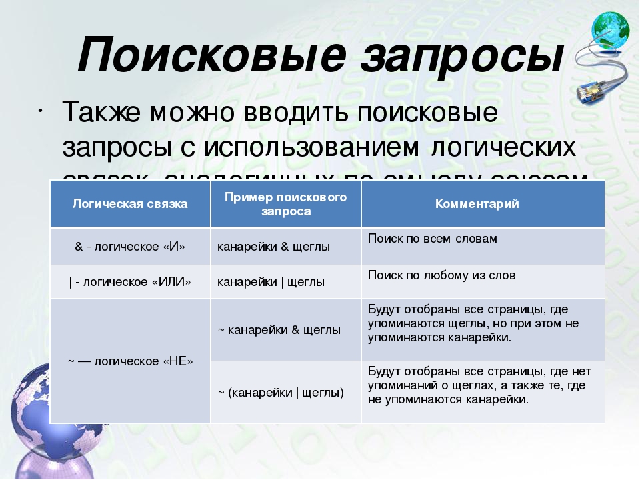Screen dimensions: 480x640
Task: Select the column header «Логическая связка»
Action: (x=130, y=204)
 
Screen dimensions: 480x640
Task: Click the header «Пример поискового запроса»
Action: (x=286, y=204)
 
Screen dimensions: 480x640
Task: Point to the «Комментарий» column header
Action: (x=477, y=204)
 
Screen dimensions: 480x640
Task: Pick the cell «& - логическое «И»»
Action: (x=130, y=247)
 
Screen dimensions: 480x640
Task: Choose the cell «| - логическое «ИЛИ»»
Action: (x=130, y=282)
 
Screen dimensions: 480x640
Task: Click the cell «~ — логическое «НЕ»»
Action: (x=130, y=361)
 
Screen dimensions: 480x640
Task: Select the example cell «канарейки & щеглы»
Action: (x=273, y=247)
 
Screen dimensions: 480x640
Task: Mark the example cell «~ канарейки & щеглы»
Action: (x=279, y=330)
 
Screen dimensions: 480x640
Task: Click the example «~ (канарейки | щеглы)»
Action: (x=281, y=393)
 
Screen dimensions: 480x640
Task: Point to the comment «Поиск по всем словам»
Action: (x=432, y=239)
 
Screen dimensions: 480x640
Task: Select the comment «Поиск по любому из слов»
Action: (x=441, y=275)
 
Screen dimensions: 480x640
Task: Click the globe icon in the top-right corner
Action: (x=609, y=31)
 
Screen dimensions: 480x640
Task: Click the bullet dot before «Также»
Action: (x=43, y=109)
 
